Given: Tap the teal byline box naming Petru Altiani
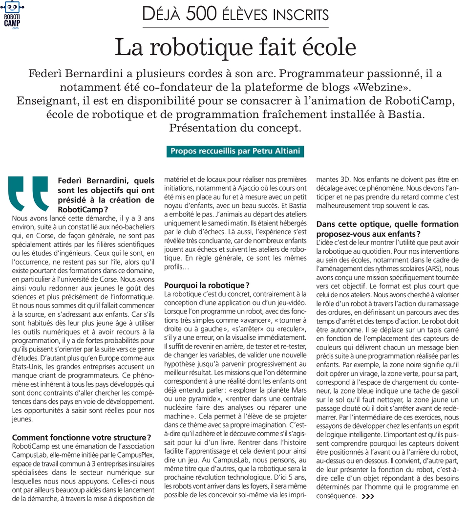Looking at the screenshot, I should (235, 151).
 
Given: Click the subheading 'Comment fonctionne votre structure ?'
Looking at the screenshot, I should (81, 437).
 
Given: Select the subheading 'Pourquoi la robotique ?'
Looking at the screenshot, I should (207, 285).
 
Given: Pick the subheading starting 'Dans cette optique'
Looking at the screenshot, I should (387, 228).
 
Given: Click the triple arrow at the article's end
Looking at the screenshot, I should (368, 496).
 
